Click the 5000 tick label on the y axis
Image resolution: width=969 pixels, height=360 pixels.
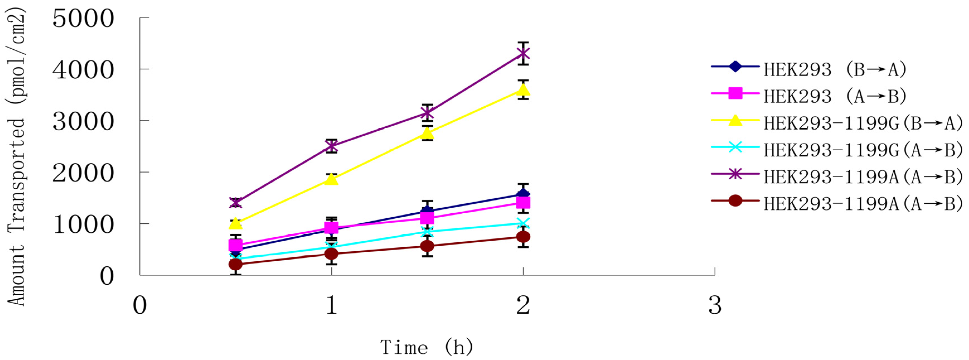click(x=83, y=19)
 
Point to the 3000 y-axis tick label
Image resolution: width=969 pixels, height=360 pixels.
click(x=83, y=122)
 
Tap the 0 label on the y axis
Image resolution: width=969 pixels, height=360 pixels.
click(x=106, y=277)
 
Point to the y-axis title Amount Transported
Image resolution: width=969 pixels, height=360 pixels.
click(x=16, y=158)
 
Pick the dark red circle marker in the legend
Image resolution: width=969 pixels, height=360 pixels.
click(x=735, y=201)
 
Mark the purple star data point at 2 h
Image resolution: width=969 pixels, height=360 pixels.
click(x=523, y=54)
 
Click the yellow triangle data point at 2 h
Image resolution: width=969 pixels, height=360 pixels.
click(x=523, y=90)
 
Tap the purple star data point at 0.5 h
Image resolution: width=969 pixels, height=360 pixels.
click(x=236, y=203)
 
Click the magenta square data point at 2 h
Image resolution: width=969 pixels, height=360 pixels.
click(x=523, y=203)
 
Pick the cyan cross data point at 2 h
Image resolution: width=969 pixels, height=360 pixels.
click(x=523, y=223)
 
